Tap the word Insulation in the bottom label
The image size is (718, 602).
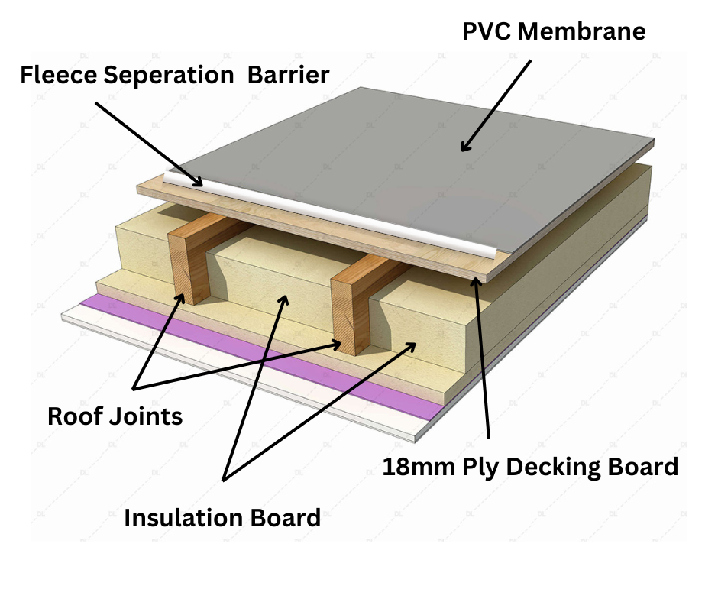[182, 518]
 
